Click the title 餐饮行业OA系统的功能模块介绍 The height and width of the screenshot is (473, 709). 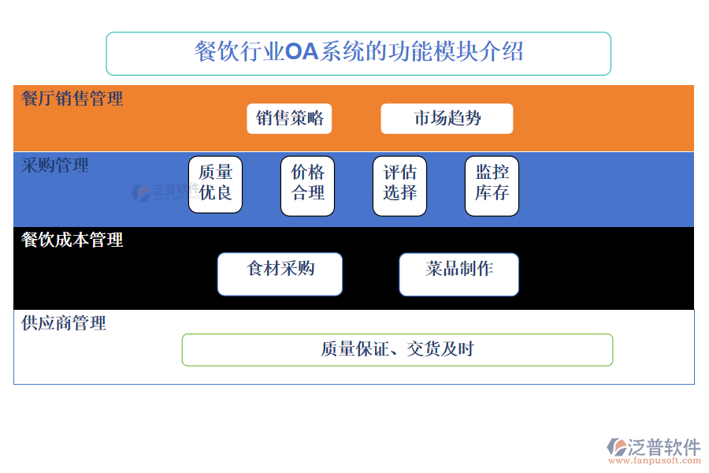point(358,53)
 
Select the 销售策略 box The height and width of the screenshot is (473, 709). point(289,118)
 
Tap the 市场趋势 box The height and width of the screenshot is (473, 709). point(447,118)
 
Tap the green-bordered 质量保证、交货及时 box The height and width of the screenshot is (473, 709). point(397,349)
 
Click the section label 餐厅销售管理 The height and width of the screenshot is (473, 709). point(72,99)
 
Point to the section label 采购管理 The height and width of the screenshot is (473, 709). point(55,165)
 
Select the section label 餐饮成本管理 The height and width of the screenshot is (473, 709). point(72,240)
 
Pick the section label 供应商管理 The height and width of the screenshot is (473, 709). point(64,322)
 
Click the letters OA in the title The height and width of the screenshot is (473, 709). point(302,53)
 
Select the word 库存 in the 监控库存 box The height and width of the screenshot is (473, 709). point(492,193)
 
